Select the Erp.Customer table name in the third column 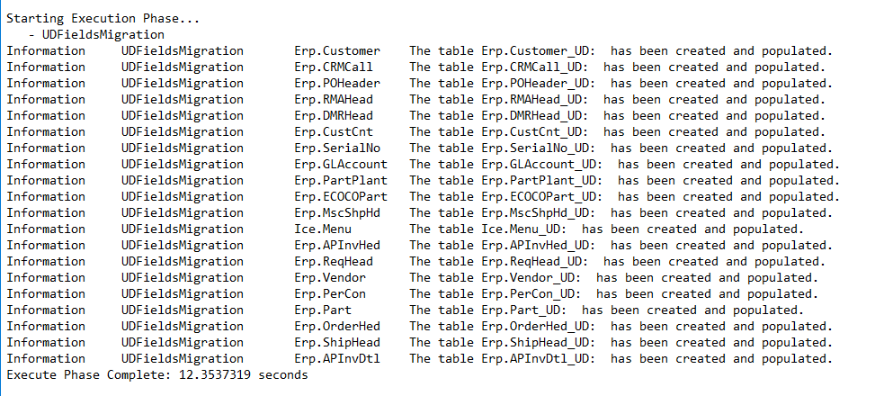337,51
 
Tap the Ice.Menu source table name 323,229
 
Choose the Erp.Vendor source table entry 330,278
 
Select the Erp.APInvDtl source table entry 337,359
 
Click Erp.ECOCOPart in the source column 341,197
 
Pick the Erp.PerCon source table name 330,294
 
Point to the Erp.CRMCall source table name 334,67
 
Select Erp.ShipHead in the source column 337,343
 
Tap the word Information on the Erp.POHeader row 46,84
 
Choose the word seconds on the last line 283,374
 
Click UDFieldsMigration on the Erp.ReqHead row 182,262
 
